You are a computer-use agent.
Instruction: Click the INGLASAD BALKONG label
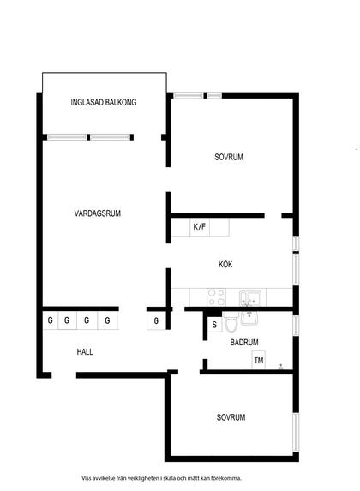click(104, 102)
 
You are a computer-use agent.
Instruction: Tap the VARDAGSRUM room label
click(98, 213)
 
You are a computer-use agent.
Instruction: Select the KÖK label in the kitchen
click(225, 264)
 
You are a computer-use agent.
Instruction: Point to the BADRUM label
click(244, 342)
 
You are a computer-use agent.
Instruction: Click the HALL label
click(85, 351)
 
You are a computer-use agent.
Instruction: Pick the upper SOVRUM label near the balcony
click(229, 157)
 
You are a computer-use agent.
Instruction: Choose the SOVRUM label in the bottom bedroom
click(231, 417)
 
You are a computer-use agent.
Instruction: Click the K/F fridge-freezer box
click(200, 227)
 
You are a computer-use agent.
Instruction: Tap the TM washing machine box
click(259, 361)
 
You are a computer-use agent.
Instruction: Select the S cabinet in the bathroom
click(214, 325)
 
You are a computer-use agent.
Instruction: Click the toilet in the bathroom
click(231, 323)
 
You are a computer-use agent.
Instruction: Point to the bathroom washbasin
click(249, 318)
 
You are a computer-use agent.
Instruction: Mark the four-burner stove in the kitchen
click(216, 297)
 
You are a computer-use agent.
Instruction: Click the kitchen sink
click(250, 298)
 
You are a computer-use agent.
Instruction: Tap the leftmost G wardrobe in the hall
click(50, 320)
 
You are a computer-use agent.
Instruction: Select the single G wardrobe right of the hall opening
click(156, 320)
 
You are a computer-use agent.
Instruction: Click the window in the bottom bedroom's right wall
click(296, 432)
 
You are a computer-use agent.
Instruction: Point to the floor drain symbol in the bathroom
click(281, 367)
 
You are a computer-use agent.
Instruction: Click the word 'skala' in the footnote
click(169, 478)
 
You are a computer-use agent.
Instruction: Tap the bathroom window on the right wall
click(296, 326)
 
